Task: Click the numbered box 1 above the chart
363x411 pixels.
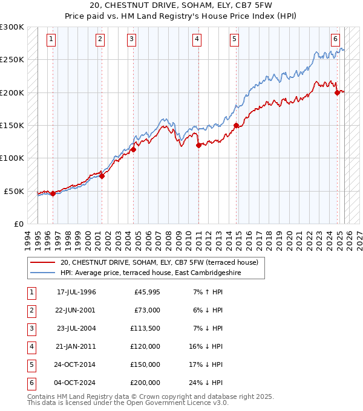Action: click(x=51, y=40)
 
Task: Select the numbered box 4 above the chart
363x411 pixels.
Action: click(x=197, y=40)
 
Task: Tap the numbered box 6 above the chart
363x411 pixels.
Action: click(x=335, y=40)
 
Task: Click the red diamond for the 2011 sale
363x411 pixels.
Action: click(x=198, y=145)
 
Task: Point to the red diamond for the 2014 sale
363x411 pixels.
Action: click(x=236, y=126)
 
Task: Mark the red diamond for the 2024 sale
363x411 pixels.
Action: click(x=337, y=92)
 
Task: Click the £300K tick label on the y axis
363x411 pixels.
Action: click(x=12, y=27)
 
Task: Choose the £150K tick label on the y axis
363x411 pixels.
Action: click(x=12, y=125)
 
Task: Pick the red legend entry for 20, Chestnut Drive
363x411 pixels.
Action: click(x=159, y=262)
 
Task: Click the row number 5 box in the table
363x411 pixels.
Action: click(x=31, y=364)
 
